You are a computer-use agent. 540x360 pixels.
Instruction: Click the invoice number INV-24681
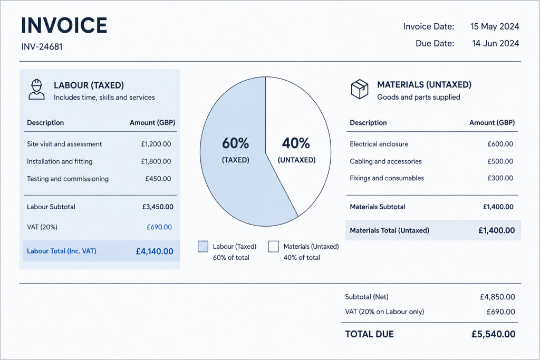pyautogui.click(x=42, y=46)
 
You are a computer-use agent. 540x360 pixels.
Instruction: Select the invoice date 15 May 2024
pyautogui.click(x=495, y=26)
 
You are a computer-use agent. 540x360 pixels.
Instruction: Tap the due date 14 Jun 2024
pyautogui.click(x=495, y=43)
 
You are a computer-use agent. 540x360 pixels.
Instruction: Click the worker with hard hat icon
pyautogui.click(x=36, y=90)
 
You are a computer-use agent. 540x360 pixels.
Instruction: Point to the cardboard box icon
pyautogui.click(x=360, y=89)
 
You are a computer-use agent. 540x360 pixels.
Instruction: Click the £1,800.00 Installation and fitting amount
pyautogui.click(x=156, y=161)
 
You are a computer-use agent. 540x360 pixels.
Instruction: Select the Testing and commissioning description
pyautogui.click(x=68, y=179)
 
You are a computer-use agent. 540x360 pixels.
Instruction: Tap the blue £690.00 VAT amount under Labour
pyautogui.click(x=159, y=227)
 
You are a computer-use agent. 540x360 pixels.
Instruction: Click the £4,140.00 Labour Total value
pyautogui.click(x=155, y=251)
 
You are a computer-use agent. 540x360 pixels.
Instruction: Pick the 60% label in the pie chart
pyautogui.click(x=235, y=143)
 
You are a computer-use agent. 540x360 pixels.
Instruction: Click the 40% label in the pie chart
pyautogui.click(x=296, y=143)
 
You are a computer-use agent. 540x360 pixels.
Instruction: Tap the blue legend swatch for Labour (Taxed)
pyautogui.click(x=203, y=247)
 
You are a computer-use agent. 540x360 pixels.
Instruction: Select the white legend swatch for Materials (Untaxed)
pyautogui.click(x=274, y=247)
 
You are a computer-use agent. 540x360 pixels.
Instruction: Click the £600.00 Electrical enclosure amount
pyautogui.click(x=500, y=144)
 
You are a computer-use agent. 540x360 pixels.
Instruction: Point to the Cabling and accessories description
pyautogui.click(x=385, y=161)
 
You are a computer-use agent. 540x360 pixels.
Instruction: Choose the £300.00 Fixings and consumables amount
pyautogui.click(x=500, y=178)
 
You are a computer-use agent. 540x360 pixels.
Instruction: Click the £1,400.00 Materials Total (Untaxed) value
pyautogui.click(x=497, y=230)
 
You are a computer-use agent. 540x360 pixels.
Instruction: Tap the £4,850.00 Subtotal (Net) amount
pyautogui.click(x=497, y=297)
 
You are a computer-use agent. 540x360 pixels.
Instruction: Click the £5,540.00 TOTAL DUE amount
pyautogui.click(x=494, y=334)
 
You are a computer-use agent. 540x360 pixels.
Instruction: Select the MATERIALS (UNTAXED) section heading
pyautogui.click(x=425, y=85)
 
